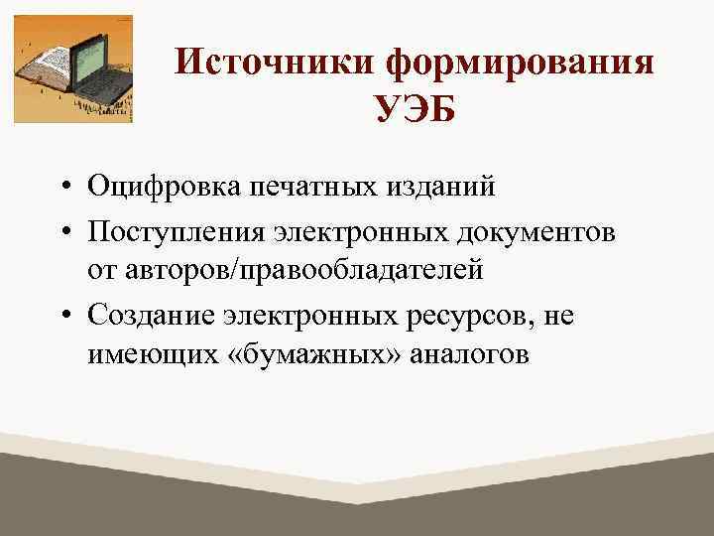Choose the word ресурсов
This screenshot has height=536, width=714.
pos(465,314)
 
